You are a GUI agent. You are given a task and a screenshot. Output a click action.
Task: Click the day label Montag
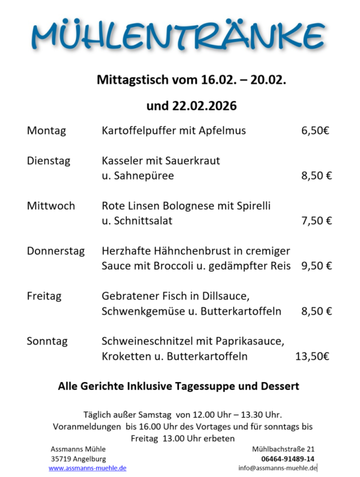coord(46,131)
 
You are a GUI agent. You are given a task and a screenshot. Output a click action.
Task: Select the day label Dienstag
coord(49,161)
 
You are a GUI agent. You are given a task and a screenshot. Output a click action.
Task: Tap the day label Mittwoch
coord(51,206)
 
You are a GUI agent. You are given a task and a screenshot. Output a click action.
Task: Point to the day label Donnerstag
coord(55,251)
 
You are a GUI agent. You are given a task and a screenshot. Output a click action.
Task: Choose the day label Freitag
coord(44,296)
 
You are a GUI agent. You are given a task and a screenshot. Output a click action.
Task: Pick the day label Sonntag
coord(47,341)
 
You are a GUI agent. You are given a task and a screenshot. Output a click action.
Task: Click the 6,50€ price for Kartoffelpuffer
coord(315,131)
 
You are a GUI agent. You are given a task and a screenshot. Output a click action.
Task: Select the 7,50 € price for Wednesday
coord(317,221)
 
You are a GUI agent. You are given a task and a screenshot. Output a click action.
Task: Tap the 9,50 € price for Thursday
coord(317,266)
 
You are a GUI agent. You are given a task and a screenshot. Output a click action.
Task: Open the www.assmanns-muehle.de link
coord(87,468)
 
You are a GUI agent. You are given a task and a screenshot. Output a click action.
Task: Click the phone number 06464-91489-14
coord(287,459)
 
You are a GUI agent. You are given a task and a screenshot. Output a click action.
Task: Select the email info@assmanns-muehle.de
coord(278,468)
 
